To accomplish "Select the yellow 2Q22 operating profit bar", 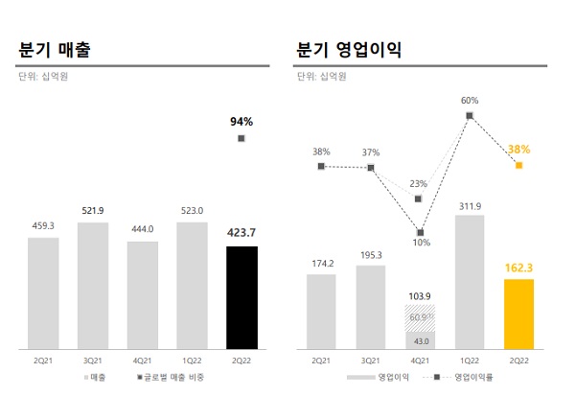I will pyautogui.click(x=518, y=314).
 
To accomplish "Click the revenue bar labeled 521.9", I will pyautogui.click(x=93, y=285).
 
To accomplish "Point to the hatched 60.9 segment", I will pyautogui.click(x=420, y=317).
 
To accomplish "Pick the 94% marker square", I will pyautogui.click(x=241, y=139).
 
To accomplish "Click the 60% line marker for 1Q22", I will pyautogui.click(x=470, y=116).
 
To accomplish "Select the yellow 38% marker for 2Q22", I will pyautogui.click(x=518, y=166).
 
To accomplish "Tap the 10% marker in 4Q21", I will pyautogui.click(x=420, y=232).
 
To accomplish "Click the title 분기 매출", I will pyautogui.click(x=60, y=49).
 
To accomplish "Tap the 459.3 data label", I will pyautogui.click(x=43, y=226).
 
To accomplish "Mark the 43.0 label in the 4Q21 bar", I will pyautogui.click(x=420, y=340).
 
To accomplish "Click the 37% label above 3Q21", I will pyautogui.click(x=371, y=152).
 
